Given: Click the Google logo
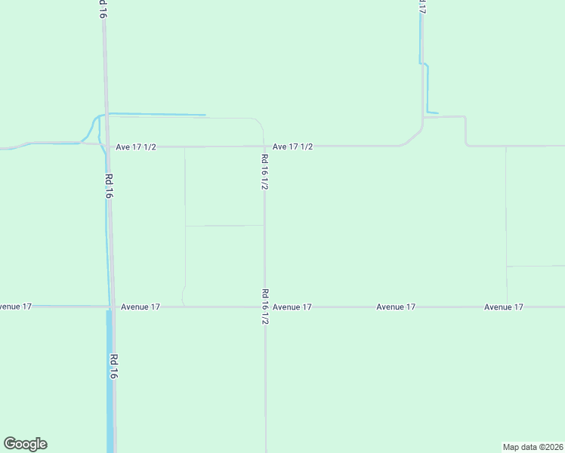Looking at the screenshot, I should [x=25, y=444].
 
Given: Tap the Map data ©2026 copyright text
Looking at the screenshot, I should [x=533, y=447].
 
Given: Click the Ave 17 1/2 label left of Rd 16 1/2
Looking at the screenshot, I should [x=136, y=146].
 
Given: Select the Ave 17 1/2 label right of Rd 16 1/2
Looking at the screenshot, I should [x=292, y=146].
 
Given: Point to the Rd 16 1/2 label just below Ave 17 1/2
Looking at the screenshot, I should [x=264, y=171].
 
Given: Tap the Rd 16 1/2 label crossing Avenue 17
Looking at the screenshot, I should [x=265, y=307].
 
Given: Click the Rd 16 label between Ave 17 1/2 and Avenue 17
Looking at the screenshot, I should [x=109, y=186].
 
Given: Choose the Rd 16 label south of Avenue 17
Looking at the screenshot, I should [x=113, y=366].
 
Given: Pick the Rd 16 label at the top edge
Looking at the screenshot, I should [x=102, y=9].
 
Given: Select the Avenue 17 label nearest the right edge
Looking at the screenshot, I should [x=504, y=307].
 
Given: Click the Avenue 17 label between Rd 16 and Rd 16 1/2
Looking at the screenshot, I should [x=140, y=307].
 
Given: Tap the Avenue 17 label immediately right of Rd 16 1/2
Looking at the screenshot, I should [x=292, y=307].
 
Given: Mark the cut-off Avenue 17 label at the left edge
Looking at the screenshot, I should [x=15, y=307].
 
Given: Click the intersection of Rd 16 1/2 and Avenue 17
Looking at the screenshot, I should [x=264, y=307].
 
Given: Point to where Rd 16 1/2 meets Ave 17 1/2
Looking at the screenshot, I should [x=264, y=146].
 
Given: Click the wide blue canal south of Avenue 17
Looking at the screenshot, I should [x=110, y=393].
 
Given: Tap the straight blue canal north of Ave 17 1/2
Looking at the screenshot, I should [x=159, y=115].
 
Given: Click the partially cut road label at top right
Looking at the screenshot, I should [x=421, y=7].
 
